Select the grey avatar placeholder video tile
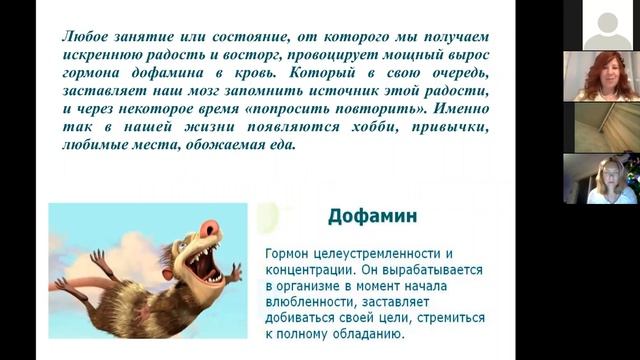pyautogui.click(x=607, y=25)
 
